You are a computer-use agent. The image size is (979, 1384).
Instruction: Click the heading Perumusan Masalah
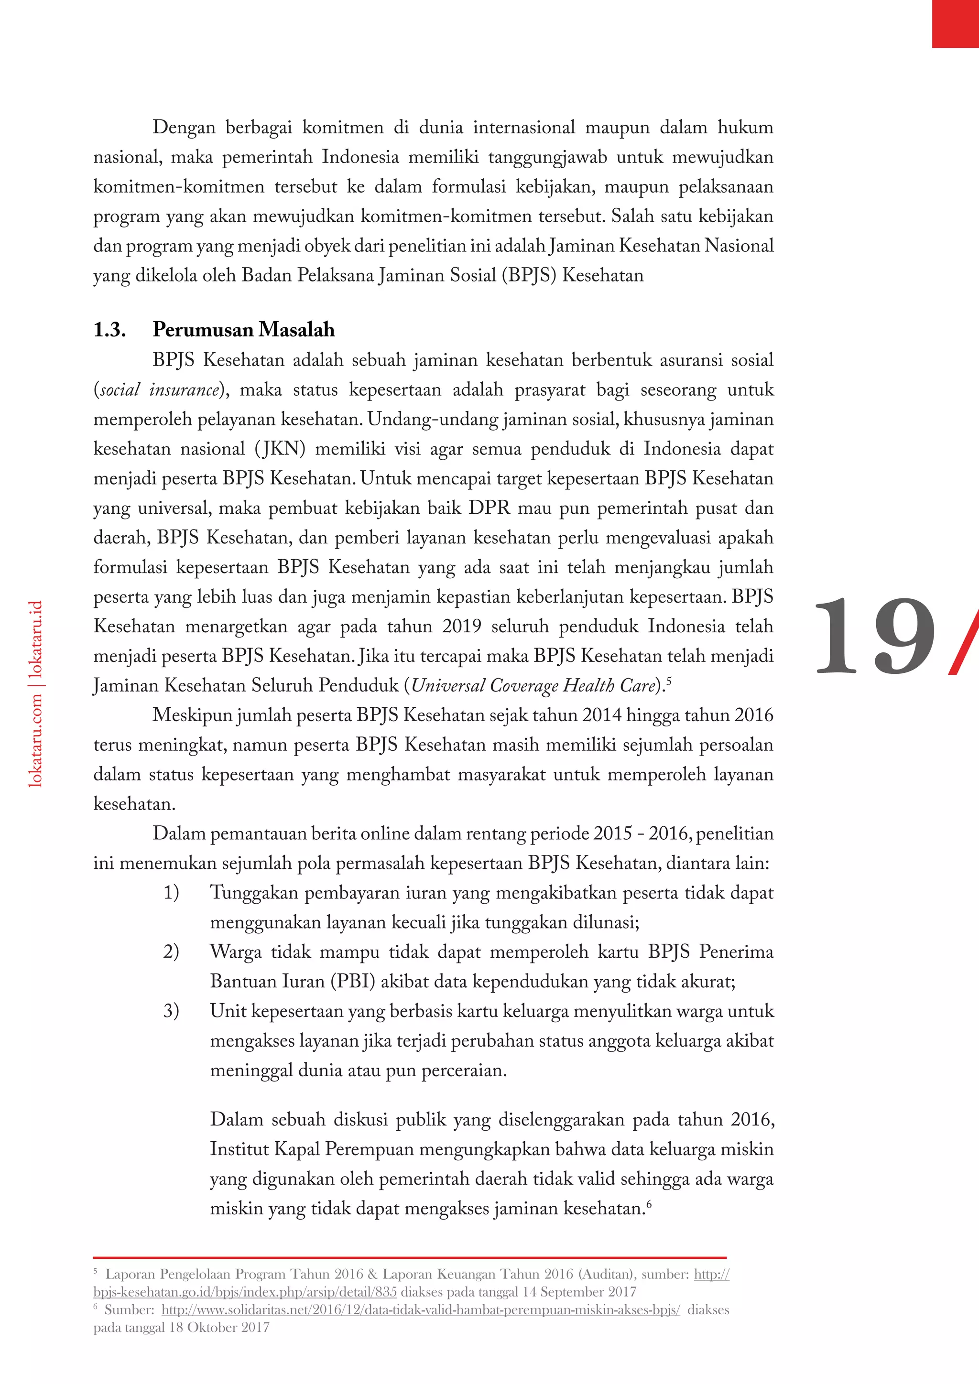(x=243, y=330)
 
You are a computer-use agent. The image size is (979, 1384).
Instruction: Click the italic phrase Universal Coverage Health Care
(x=533, y=685)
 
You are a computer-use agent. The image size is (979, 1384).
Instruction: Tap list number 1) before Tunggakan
(x=171, y=893)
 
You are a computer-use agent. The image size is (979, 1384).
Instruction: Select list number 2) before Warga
(x=171, y=952)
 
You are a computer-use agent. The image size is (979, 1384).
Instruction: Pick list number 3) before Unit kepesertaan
(x=171, y=1011)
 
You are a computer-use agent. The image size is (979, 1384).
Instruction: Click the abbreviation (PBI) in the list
(x=353, y=981)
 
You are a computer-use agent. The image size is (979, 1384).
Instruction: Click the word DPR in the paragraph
(x=489, y=508)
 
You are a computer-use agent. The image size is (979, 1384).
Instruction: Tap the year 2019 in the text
(x=461, y=627)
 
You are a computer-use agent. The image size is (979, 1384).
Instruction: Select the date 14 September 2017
(x=579, y=1292)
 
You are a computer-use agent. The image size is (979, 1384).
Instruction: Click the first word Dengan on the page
(x=184, y=127)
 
